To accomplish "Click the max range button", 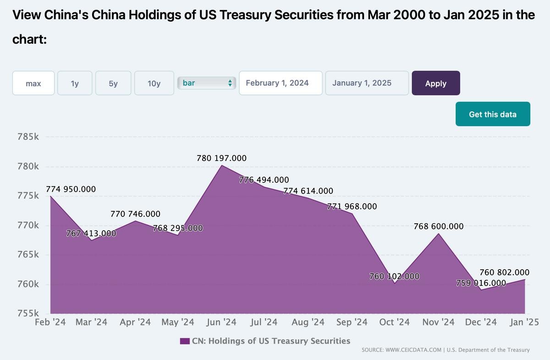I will tap(33, 83).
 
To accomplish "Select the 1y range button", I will tap(75, 83).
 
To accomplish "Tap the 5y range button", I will tap(113, 83).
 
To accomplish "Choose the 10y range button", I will tap(154, 83).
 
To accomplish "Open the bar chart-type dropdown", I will tap(207, 83).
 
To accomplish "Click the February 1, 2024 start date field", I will tap(280, 83).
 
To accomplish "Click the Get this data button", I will tap(493, 114).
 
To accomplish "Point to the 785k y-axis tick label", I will tap(27, 137).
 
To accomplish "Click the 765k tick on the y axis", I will tap(27, 255).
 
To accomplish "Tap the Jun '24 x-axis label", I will tap(222, 322).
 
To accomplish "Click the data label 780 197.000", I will tap(222, 158).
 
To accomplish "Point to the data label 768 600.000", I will tap(439, 226).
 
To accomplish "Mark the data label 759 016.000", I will tap(481, 283).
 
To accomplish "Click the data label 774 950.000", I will tap(71, 189).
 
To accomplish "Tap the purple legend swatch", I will tap(185, 341).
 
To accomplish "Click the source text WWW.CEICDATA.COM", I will tap(412, 350).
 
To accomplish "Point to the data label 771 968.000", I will tap(352, 206).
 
